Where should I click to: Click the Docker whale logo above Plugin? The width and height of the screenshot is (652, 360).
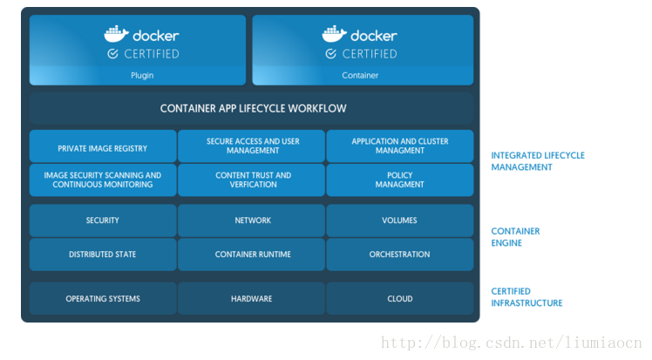(x=117, y=34)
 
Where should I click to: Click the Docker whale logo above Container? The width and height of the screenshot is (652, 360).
(x=335, y=34)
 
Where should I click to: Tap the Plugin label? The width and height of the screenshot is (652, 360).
(x=141, y=76)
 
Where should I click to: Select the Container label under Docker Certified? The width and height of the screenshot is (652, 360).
(x=360, y=76)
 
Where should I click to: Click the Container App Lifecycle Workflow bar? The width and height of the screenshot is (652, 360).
(x=253, y=109)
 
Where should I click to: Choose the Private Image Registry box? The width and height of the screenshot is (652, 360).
(x=103, y=146)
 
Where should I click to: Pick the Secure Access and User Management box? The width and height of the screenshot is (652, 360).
(x=253, y=146)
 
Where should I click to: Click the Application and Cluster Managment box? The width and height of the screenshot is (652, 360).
(x=400, y=146)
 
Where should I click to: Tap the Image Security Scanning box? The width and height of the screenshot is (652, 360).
(x=103, y=180)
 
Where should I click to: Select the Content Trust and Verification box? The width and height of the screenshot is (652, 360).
(x=253, y=180)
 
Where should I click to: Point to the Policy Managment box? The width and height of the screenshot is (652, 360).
(x=400, y=180)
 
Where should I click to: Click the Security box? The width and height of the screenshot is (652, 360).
(x=103, y=221)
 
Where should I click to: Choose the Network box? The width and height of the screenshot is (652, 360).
(x=253, y=221)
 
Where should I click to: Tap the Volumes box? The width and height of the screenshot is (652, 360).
(x=400, y=221)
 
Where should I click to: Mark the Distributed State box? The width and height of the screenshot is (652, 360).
(x=103, y=255)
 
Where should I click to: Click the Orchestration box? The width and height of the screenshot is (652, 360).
(x=400, y=255)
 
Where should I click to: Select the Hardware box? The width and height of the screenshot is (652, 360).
(x=253, y=299)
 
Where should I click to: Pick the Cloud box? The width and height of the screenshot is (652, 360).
(x=400, y=299)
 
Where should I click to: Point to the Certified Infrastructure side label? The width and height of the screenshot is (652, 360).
(x=526, y=297)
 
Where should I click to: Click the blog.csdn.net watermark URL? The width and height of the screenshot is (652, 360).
(x=513, y=343)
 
